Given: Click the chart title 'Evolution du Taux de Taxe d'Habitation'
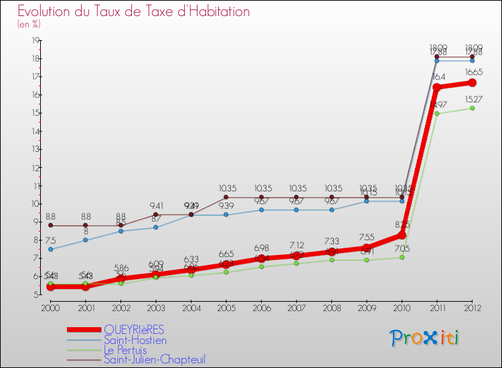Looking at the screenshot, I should (134, 12).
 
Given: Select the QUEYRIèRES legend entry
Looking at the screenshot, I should (134, 330).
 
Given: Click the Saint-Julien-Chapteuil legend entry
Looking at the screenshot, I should (155, 359).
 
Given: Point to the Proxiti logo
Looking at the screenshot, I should (425, 338).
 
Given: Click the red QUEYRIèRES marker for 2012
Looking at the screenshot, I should (472, 82).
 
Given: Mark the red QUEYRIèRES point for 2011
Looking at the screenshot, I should (436, 87).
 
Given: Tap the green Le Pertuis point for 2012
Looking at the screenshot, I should (472, 108).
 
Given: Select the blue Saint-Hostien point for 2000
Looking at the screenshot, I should (50, 249).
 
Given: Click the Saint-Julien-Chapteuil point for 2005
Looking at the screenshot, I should (226, 197).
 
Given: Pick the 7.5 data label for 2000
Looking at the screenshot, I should (50, 240).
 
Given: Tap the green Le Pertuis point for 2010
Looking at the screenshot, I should (402, 257).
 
